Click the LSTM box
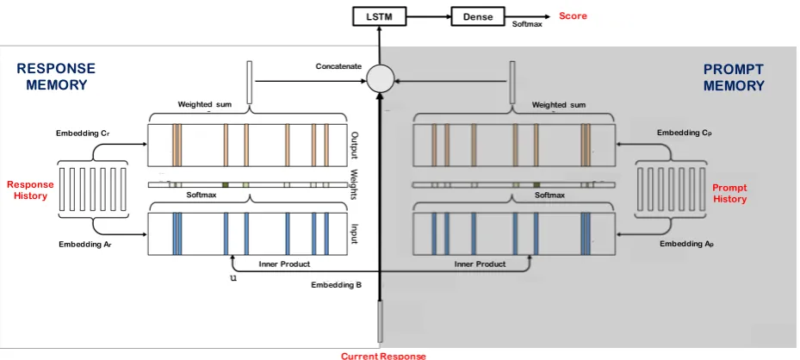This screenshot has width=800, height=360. pos(379,17)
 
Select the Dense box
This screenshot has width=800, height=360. pos(478,17)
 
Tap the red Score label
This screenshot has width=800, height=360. pos(573,16)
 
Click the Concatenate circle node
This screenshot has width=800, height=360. pos(381,79)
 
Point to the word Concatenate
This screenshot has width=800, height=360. pos(338,66)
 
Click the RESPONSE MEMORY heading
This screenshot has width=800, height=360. pos(56,77)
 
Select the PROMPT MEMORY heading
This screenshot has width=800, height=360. pos(734,78)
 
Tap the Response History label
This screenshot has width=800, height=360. pos(30,189)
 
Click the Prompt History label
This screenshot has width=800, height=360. pos(729,194)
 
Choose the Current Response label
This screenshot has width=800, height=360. pos(383,356)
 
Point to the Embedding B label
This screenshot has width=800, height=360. pos(336,285)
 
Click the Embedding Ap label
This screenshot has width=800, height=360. pos(686,244)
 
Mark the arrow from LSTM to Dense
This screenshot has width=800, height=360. pos(429,17)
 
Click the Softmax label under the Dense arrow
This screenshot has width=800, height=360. pos(527,24)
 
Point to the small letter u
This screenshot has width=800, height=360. pos(233,279)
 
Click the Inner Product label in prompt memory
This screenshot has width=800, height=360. pos(481,264)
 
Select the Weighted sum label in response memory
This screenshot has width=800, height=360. pos(204,104)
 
